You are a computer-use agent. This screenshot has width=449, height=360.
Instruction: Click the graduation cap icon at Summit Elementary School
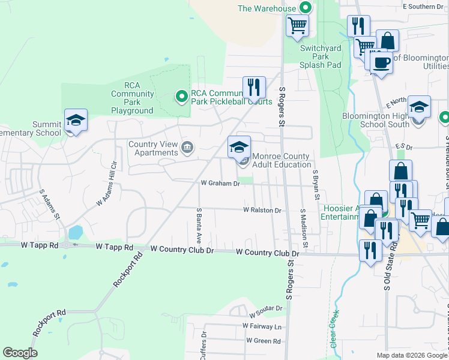[x=76, y=120]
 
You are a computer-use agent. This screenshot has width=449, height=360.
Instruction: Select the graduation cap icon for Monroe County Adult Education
[x=239, y=147]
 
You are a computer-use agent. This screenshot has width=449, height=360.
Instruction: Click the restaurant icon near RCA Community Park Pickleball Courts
[x=254, y=87]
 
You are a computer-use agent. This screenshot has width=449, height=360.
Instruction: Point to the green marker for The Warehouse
[x=305, y=8]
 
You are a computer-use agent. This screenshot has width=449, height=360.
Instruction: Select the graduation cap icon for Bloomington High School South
[x=420, y=107]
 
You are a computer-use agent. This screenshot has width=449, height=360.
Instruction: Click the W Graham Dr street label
[x=220, y=184]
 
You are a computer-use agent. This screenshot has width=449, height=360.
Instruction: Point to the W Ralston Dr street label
[x=262, y=211]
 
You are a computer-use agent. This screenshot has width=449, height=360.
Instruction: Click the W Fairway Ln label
[x=262, y=326]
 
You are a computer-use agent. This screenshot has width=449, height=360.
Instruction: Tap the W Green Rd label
[x=263, y=341]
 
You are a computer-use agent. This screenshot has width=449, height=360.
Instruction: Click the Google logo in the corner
[x=20, y=353]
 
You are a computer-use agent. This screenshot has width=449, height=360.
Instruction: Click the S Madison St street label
[x=304, y=229]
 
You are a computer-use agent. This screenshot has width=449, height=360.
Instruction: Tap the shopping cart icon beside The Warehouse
[x=297, y=26]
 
